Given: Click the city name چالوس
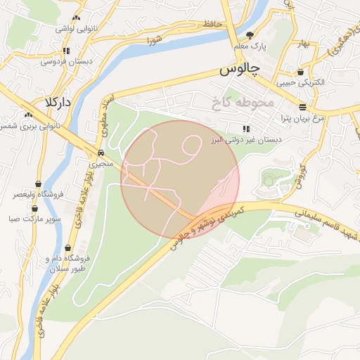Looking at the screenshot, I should [238, 70].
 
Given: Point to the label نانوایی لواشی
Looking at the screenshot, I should [77, 28].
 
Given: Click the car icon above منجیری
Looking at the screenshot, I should [101, 153].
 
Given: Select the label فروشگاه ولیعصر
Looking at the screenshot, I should [38, 194].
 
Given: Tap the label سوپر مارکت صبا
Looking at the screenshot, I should [34, 219].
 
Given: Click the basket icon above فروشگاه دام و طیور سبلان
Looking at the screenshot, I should [67, 247].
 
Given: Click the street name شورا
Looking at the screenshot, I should [155, 40].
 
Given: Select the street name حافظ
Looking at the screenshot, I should [212, 25].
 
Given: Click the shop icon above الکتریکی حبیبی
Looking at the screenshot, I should [301, 72].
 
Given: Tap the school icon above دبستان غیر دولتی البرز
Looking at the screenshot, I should [245, 129].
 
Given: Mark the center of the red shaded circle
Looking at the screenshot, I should [180, 179].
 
